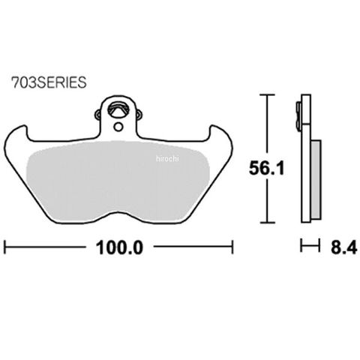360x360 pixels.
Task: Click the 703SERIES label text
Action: coord(49,82)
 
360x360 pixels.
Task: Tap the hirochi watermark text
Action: coord(167,159)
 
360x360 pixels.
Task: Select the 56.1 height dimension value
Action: coord(267,168)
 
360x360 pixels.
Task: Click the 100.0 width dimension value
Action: coord(119,247)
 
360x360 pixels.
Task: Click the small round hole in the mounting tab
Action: coord(118,127)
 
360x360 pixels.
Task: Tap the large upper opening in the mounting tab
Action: coord(118,109)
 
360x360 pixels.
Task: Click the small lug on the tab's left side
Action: coord(98,115)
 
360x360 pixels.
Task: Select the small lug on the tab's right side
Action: coord(139,115)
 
